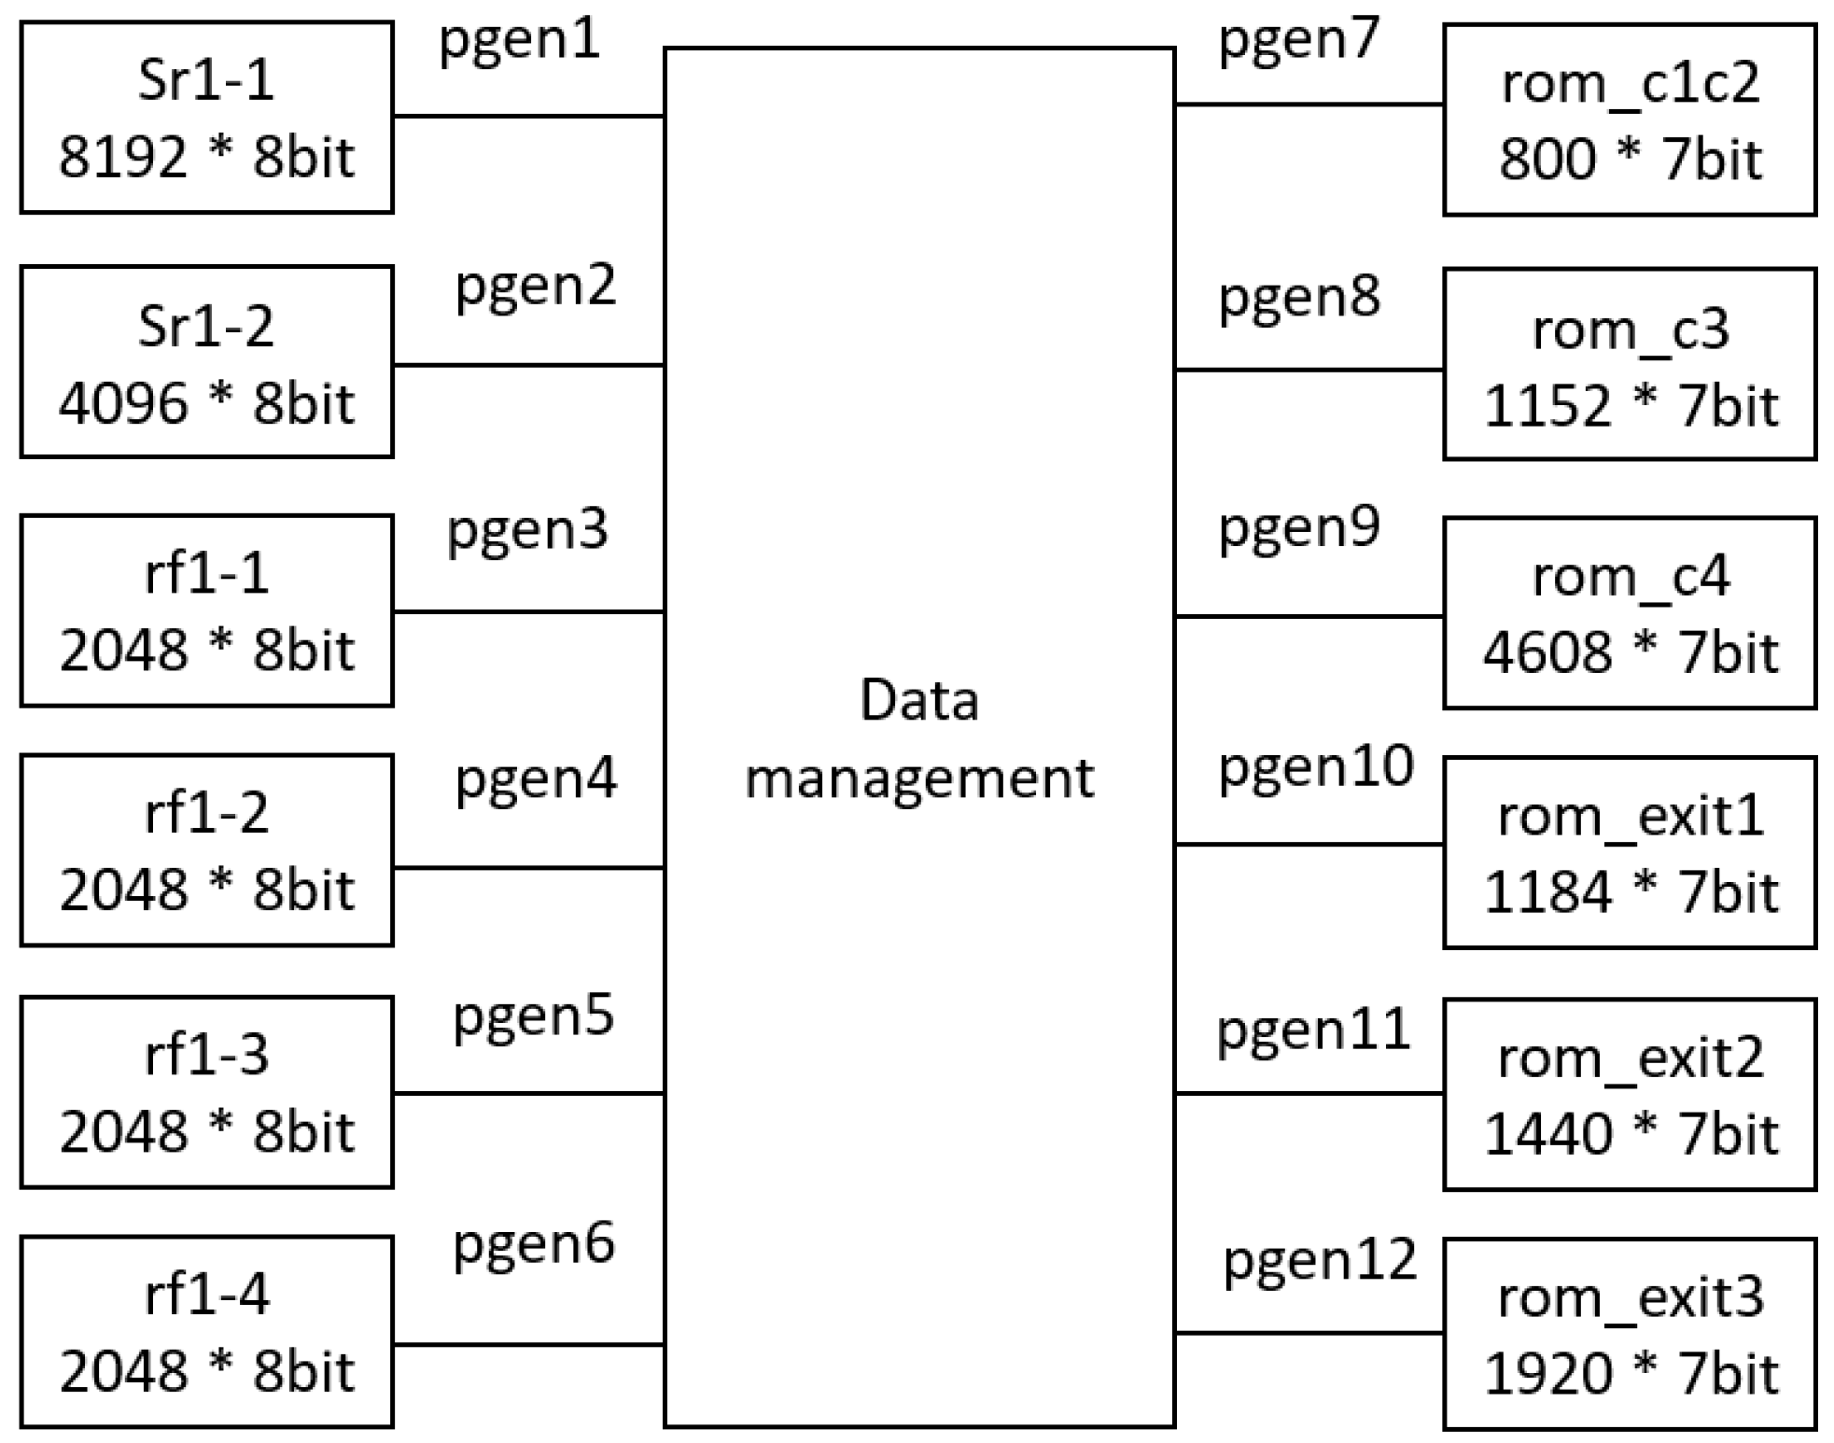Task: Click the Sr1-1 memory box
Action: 206,118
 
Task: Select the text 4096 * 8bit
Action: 206,403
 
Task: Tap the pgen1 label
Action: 519,41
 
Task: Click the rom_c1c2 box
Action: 1630,119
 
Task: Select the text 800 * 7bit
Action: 1630,159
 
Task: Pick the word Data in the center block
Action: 919,700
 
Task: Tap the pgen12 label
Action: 1320,1260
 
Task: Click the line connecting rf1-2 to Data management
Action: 528,868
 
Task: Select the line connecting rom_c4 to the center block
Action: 1309,616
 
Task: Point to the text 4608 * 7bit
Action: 1630,651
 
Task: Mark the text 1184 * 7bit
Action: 1630,891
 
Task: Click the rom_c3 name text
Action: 1631,329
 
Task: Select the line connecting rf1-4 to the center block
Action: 528,1345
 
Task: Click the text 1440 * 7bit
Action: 1630,1134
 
